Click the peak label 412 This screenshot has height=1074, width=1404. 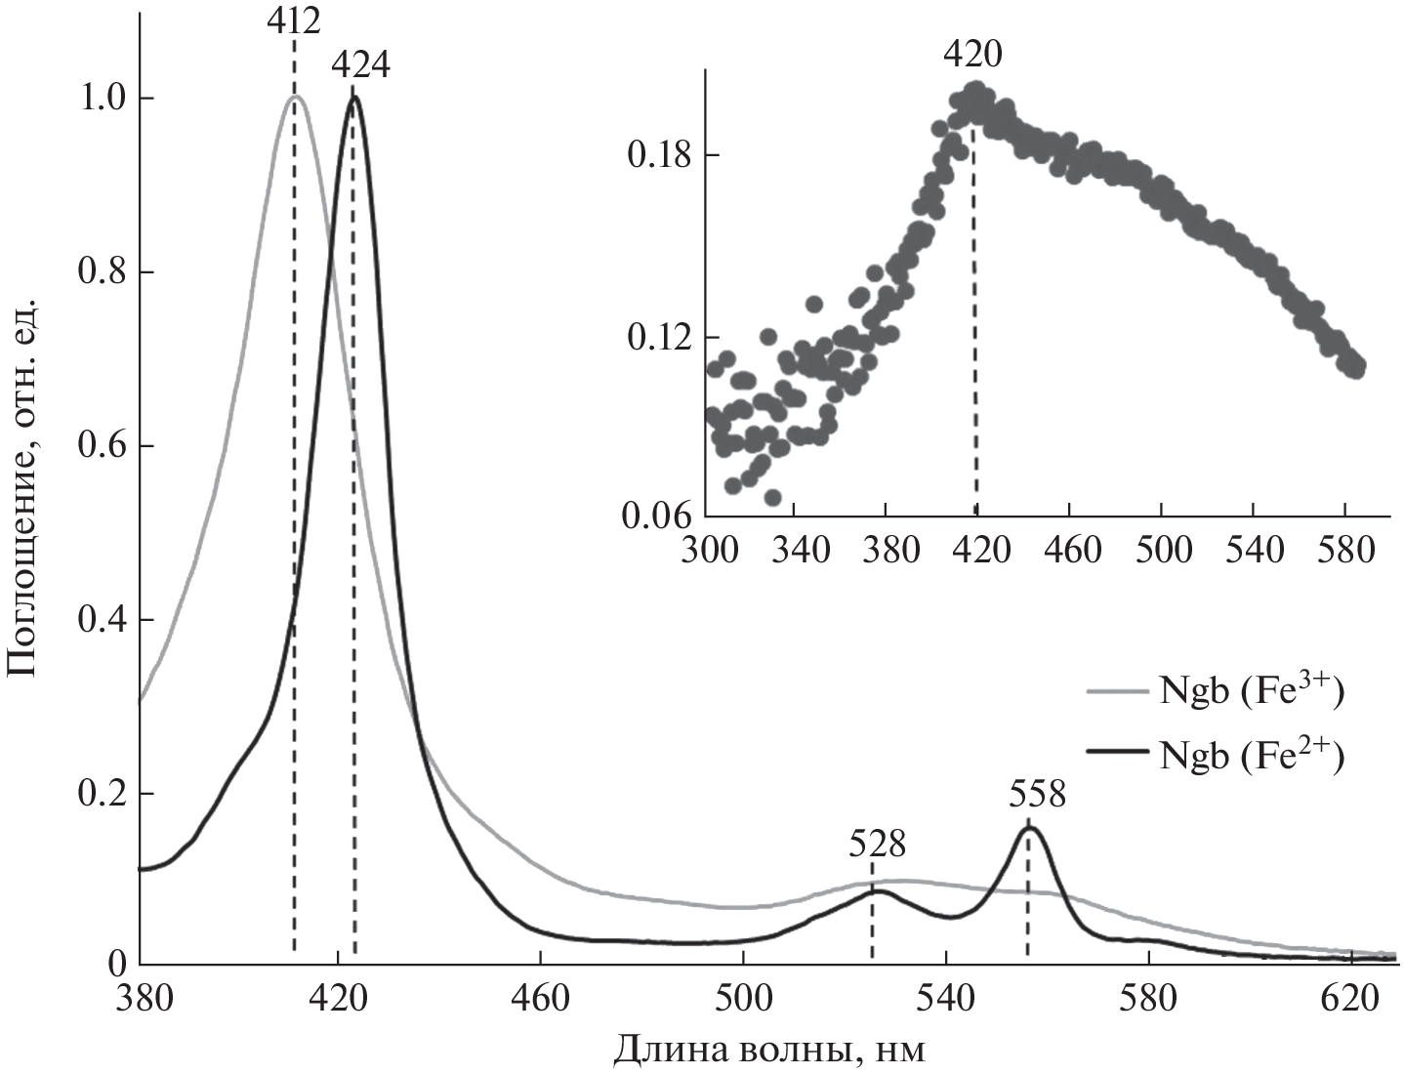coord(294,20)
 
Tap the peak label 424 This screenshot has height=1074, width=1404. coord(360,65)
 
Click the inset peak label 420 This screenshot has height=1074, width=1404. coord(972,55)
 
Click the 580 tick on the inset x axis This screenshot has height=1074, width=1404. coord(1344,549)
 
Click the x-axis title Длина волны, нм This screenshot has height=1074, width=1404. coord(768,1051)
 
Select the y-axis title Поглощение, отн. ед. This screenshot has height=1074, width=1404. coord(23,488)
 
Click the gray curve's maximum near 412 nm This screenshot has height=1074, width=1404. coord(295,97)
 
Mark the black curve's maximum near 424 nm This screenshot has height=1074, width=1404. coord(353,97)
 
